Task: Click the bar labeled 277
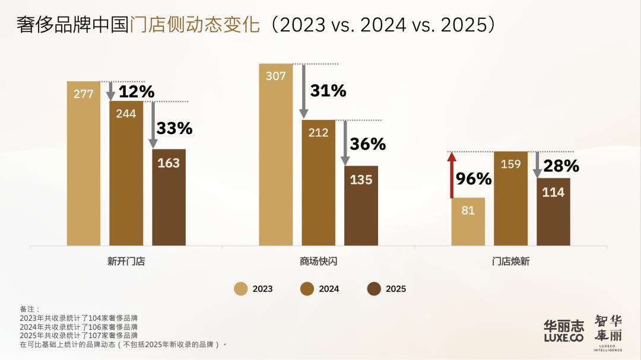coord(84,163)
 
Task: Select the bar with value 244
coord(126,173)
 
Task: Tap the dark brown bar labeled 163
coord(169,197)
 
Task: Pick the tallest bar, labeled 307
coord(276,154)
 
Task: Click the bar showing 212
coord(318,183)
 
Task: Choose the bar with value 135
coord(361,205)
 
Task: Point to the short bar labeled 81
coord(468,221)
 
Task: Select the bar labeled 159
coord(510,198)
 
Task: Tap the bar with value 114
coord(553,211)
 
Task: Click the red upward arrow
coord(452,175)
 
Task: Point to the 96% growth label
coord(474,179)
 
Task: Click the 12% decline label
coord(137,92)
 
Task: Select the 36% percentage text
coord(367,144)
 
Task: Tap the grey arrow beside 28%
coord(537,165)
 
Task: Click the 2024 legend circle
coord(307,289)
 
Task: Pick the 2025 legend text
coord(396,289)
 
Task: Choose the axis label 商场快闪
coord(318,261)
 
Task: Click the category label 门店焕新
coord(510,261)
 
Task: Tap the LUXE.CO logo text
coord(563,337)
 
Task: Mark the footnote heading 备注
coord(29,310)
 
